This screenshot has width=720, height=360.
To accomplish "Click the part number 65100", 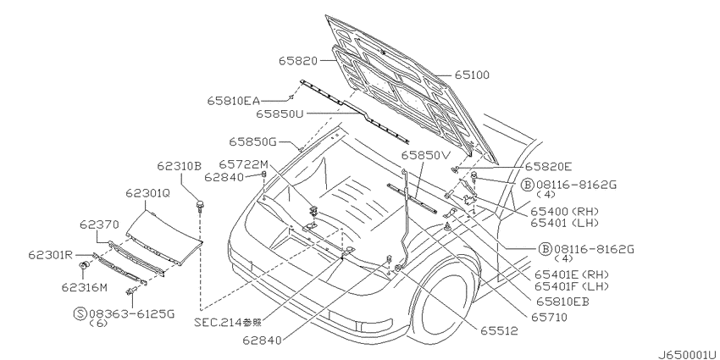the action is tap(472, 75).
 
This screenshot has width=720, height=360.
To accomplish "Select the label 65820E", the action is tap(549, 167).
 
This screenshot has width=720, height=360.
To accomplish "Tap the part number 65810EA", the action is tap(233, 101).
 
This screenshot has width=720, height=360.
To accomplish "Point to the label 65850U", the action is tap(280, 114).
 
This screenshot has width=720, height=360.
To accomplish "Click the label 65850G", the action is tap(253, 142).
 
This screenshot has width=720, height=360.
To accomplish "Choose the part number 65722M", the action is tap(243, 164).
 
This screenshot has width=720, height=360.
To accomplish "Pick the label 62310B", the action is tap(179, 166).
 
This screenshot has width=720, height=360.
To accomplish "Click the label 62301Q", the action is tap(148, 194).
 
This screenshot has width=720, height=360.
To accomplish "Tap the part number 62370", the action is tap(99, 224).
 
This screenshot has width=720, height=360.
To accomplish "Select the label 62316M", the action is tap(85, 287).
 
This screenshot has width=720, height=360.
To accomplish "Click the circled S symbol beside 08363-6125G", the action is tap(80, 313).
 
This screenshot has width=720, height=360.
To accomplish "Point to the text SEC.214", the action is tap(218, 323).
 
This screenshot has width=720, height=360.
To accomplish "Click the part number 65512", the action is tap(499, 330).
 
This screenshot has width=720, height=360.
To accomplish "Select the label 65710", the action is tap(549, 318).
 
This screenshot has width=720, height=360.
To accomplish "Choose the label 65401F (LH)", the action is tap(572, 286).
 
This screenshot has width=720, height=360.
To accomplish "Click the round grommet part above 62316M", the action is tap(85, 266).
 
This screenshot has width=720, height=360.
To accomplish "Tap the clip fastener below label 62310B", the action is tap(200, 206).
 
